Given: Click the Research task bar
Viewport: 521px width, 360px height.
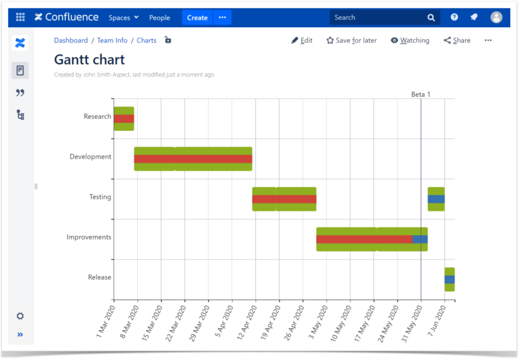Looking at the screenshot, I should tap(123, 119).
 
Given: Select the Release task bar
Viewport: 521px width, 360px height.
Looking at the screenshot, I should tap(449, 279).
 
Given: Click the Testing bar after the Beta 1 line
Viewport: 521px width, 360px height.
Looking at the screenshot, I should tap(436, 199).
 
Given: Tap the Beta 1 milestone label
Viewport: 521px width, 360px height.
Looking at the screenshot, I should tap(421, 94).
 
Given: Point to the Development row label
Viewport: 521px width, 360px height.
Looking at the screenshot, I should tap(90, 157).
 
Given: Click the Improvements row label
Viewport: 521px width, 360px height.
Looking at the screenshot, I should tap(89, 237).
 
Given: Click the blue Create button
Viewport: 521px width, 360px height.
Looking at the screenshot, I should tap(197, 18).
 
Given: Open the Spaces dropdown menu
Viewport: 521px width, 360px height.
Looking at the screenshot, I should tap(123, 18).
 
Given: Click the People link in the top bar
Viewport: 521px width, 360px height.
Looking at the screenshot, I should tap(159, 18).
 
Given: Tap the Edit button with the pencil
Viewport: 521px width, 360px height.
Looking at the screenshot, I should tap(302, 41).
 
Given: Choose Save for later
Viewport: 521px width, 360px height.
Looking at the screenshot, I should tap(351, 41).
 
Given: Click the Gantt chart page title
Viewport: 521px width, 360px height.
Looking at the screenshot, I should tap(89, 60).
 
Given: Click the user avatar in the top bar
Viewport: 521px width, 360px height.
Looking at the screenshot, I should tap(497, 18).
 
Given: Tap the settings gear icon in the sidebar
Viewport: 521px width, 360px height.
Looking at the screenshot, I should tap(20, 316).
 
